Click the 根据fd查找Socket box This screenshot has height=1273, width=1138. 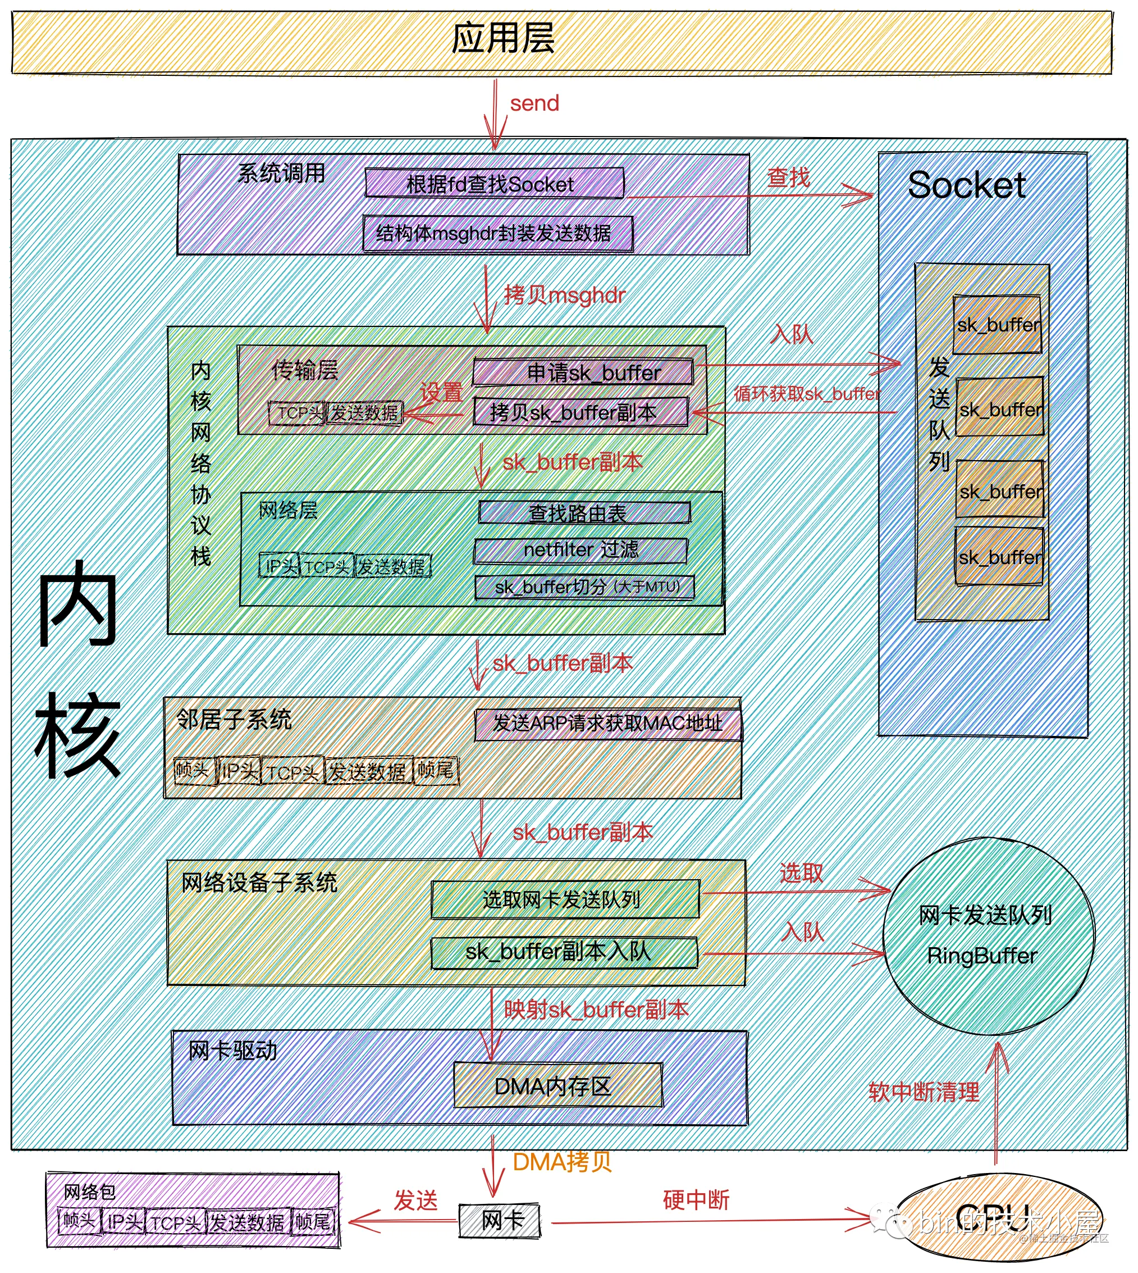[x=494, y=183]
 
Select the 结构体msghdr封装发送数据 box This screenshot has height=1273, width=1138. [x=498, y=234]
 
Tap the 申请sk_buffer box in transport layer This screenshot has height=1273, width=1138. [x=583, y=373]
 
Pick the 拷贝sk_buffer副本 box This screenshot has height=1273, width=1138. [x=581, y=412]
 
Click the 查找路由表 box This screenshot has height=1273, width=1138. [x=584, y=513]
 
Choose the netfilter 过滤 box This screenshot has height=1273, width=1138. [x=581, y=551]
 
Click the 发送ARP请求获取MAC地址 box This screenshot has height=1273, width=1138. [x=608, y=724]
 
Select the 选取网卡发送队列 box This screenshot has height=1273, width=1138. [x=565, y=899]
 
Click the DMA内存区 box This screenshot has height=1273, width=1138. [x=557, y=1086]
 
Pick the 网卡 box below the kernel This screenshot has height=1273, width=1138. [x=500, y=1220]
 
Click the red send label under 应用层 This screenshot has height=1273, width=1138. [x=534, y=103]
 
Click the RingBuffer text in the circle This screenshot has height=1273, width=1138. [x=982, y=955]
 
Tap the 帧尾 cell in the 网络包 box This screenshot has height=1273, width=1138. [x=313, y=1222]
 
